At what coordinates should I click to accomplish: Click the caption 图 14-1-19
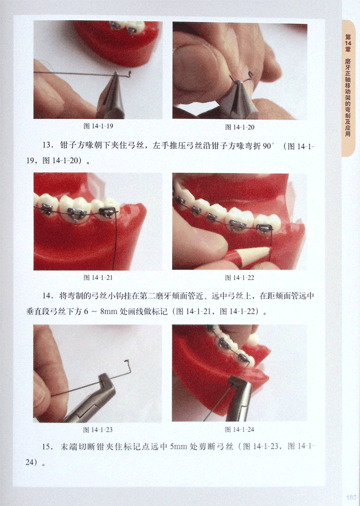tap(98, 126)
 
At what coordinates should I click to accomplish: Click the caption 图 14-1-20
tap(240, 127)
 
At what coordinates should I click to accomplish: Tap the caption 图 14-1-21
tap(98, 277)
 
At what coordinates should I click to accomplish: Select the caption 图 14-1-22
tap(239, 278)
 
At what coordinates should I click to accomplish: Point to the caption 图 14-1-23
tap(98, 430)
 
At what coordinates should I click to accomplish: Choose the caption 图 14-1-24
tap(239, 430)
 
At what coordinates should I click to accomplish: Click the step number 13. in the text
tap(48, 145)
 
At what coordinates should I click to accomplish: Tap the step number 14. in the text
tap(48, 296)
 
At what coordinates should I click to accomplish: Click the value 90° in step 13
tap(268, 146)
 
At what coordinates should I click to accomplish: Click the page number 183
tap(351, 497)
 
